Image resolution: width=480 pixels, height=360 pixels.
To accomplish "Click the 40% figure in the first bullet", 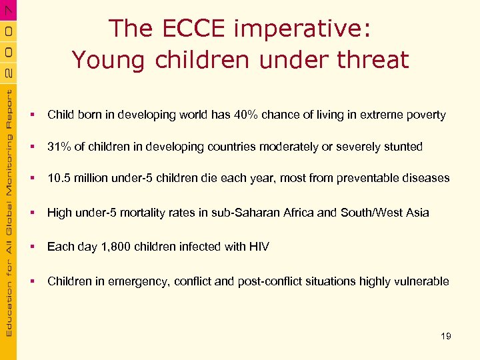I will coord(246,115).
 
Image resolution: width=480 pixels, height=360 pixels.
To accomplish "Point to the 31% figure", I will coord(59,147).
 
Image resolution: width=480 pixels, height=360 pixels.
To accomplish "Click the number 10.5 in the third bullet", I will coord(58,178).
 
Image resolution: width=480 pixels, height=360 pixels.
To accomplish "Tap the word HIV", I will coord(259,247).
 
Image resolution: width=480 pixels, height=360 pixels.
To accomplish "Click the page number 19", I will coord(446,336).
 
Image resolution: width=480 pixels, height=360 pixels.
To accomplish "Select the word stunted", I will coord(403,147).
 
